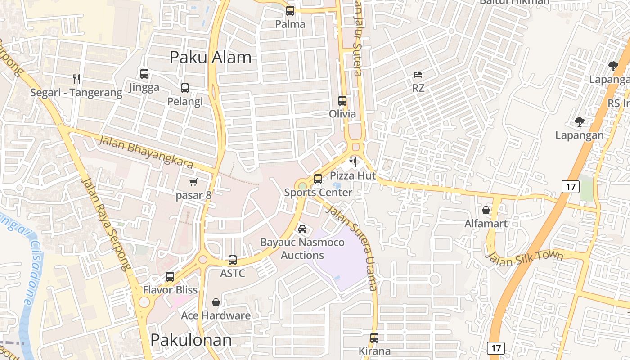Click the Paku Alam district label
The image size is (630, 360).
pyautogui.click(x=211, y=58)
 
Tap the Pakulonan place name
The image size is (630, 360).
pyautogui.click(x=191, y=340)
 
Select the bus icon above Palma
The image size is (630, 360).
pyautogui.click(x=290, y=10)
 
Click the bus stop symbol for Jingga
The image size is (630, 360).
pyautogui.click(x=144, y=74)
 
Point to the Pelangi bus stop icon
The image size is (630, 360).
pyautogui.click(x=185, y=88)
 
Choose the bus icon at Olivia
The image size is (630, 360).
pyautogui.click(x=342, y=100)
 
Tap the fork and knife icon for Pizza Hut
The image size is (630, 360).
pyautogui.click(x=353, y=162)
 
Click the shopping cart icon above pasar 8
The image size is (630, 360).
pyautogui.click(x=193, y=182)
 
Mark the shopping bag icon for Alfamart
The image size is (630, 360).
pyautogui.click(x=486, y=210)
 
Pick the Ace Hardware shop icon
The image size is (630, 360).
pyautogui.click(x=216, y=302)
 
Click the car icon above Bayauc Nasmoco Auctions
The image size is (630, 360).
pyautogui.click(x=302, y=229)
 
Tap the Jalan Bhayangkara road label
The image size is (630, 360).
pyautogui.click(x=145, y=152)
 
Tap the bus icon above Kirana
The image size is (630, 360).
pyautogui.click(x=374, y=337)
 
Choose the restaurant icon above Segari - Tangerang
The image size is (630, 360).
pyautogui.click(x=76, y=79)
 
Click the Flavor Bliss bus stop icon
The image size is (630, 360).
pyautogui.click(x=170, y=276)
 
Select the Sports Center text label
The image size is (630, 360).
pyautogui.click(x=318, y=193)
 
